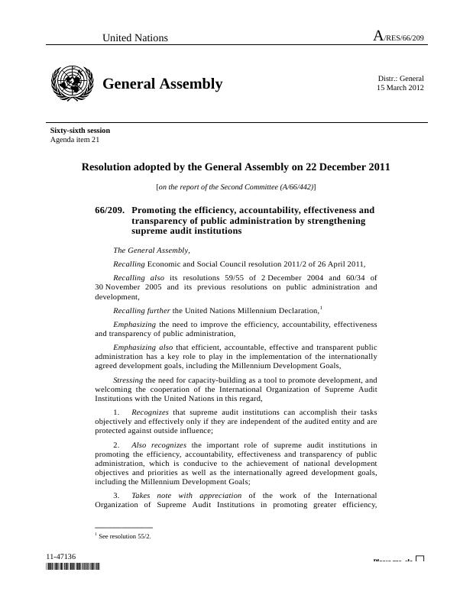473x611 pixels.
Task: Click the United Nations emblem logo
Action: [x=71, y=83]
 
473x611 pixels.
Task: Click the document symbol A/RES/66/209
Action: [x=398, y=37]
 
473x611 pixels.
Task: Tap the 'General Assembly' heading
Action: [x=162, y=84]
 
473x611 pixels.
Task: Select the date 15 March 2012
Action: [x=400, y=88]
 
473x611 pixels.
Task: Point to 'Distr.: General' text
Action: [x=400, y=78]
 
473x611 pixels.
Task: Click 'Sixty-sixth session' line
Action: [x=80, y=131]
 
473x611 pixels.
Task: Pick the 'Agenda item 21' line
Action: [x=75, y=140]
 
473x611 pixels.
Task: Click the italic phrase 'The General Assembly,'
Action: [x=151, y=250]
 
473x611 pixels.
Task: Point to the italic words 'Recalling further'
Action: [x=141, y=311]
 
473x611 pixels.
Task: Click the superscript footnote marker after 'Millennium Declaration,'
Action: [x=321, y=307]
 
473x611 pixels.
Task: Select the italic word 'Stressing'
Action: [x=128, y=380]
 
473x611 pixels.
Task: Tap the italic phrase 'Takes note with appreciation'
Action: [x=186, y=495]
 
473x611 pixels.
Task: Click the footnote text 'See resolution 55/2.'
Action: [x=125, y=536]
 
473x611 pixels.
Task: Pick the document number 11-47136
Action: [x=60, y=557]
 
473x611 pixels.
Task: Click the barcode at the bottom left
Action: [x=73, y=567]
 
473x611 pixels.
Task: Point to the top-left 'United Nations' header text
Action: [x=135, y=37]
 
